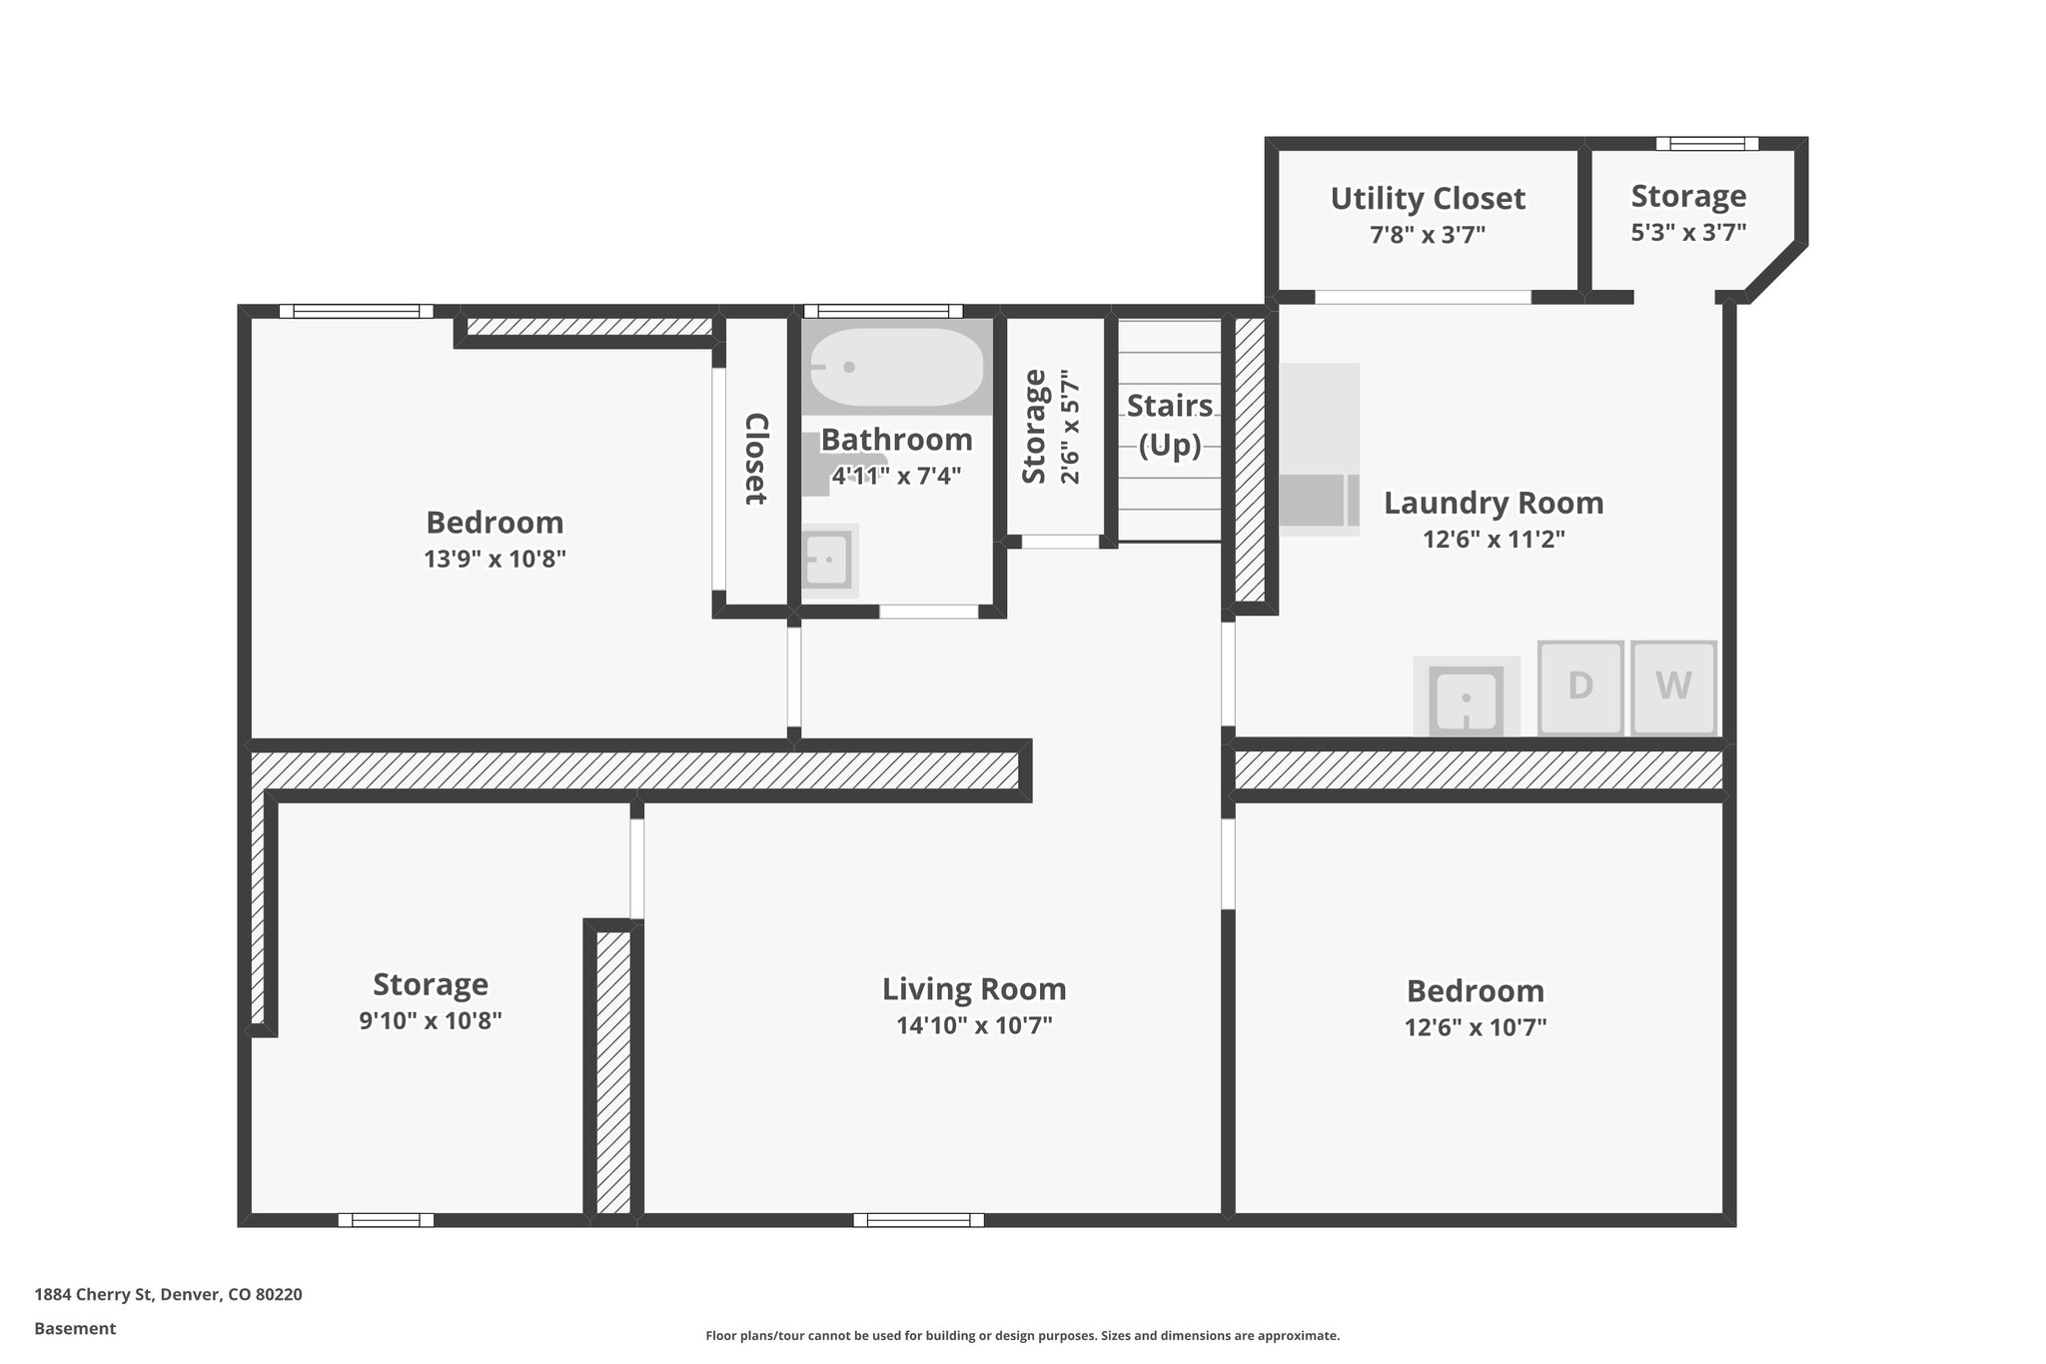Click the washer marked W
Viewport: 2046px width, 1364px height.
coord(1673,687)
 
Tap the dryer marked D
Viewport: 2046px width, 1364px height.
coord(1579,687)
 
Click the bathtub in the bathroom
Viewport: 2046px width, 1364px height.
coord(896,367)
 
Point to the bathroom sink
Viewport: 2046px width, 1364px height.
coord(828,561)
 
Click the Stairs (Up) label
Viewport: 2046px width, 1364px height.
coord(1170,425)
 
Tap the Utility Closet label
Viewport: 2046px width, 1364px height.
coord(1427,198)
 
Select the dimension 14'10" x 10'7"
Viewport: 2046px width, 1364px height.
coord(974,1025)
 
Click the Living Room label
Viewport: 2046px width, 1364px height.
coord(974,989)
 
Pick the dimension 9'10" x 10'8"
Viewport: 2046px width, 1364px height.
coord(430,1021)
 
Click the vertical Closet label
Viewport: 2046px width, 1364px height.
coord(756,459)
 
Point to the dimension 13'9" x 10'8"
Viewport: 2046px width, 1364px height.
coord(495,559)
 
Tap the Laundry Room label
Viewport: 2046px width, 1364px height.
coord(1493,503)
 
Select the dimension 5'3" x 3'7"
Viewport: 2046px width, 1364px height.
coord(1688,233)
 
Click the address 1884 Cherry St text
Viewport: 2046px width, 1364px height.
coord(168,1294)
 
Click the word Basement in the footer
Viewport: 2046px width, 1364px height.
coord(75,1328)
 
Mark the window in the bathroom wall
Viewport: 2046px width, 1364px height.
coord(882,311)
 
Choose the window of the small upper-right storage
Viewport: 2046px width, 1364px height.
coord(1706,144)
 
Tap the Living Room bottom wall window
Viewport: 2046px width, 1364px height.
coord(918,1220)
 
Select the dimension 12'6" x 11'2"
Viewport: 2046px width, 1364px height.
coord(1493,540)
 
